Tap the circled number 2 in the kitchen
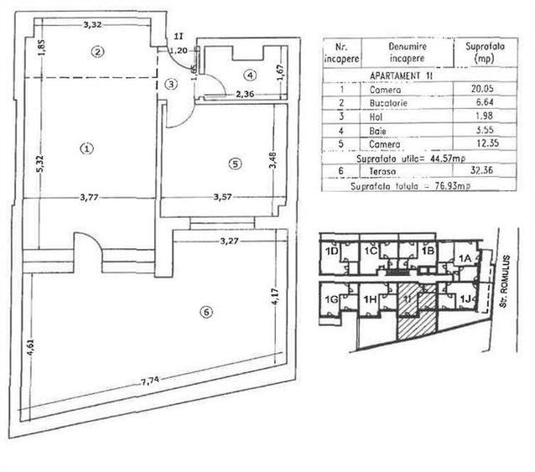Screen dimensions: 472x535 98,52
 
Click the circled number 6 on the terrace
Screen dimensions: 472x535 207,313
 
